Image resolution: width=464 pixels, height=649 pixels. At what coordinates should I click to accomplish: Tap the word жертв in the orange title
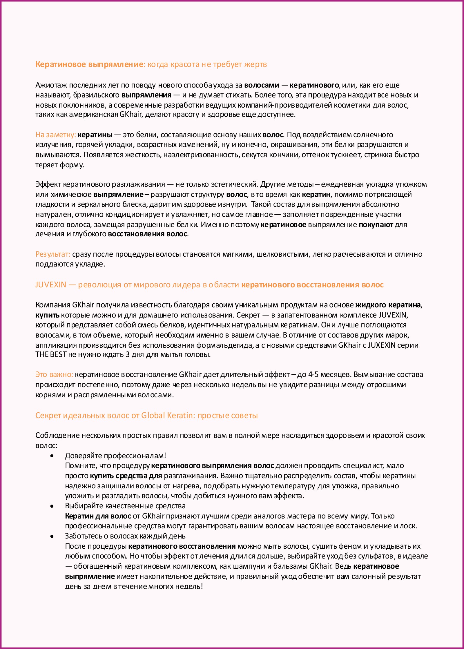click(255, 64)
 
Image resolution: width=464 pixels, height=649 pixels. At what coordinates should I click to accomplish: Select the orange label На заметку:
click(55, 135)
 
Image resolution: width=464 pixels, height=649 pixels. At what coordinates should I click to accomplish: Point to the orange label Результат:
click(53, 254)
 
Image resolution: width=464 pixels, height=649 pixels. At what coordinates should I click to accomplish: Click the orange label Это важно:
click(54, 374)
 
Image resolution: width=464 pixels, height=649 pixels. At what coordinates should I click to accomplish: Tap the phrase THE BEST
click(51, 355)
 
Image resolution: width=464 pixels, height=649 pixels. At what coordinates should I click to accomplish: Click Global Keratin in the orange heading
click(167, 415)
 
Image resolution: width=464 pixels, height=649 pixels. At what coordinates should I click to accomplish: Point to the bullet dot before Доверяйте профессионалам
click(52, 456)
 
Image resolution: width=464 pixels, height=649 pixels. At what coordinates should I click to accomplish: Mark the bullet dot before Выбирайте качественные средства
click(52, 506)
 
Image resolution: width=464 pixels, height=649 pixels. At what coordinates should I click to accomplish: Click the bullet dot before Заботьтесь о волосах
click(52, 536)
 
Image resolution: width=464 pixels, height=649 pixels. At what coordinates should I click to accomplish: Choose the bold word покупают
click(376, 224)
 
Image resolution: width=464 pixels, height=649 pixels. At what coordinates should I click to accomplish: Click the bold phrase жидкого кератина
click(388, 305)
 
